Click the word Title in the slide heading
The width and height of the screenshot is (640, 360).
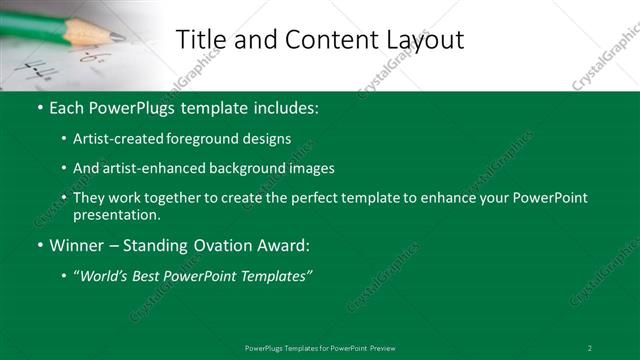point(198,39)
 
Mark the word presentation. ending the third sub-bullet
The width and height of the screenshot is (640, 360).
point(117,215)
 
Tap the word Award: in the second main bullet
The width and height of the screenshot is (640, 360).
point(280,245)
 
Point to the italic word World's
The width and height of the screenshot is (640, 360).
point(105,275)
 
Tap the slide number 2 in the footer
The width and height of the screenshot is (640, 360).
point(590,347)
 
